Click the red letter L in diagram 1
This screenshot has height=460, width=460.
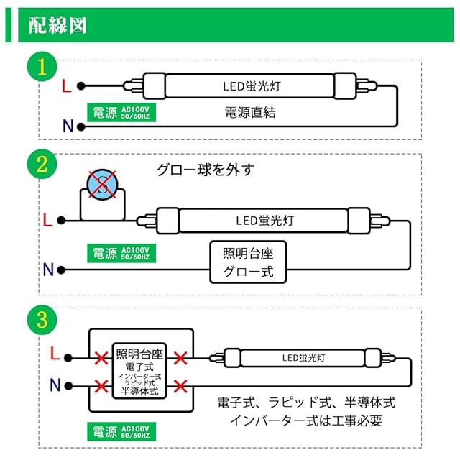coord(66,86)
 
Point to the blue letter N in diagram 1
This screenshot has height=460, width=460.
coord(68,127)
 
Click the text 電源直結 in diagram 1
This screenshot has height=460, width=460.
coord(250,113)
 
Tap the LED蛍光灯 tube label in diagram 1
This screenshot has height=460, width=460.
coord(250,86)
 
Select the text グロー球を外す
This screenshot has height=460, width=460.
coord(206,170)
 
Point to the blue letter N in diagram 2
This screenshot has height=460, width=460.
coord(48,270)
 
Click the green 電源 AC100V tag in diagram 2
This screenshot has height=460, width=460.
coord(121,253)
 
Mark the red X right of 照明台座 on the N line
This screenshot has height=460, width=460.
coord(180,385)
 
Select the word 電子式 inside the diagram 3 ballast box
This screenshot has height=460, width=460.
coord(139,367)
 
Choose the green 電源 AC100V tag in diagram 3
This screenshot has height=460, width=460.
coord(121,432)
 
